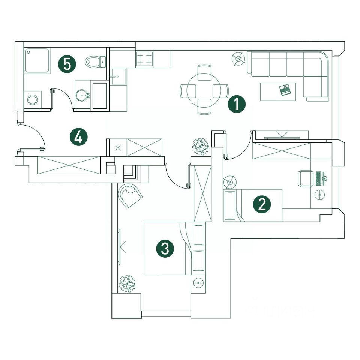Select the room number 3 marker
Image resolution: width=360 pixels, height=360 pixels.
(165, 248)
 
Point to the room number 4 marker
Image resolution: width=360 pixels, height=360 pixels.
(78, 137)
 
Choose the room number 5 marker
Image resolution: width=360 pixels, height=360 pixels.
(67, 64)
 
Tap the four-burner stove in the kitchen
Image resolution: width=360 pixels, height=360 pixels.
(144, 59)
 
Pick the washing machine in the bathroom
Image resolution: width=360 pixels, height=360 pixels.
(33, 100)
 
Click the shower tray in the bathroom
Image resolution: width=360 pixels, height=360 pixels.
(37, 60)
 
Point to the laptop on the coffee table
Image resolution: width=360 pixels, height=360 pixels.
(285, 90)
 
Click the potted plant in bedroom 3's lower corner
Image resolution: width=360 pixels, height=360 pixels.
(127, 284)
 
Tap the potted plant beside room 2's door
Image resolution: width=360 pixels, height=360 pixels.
(201, 147)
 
